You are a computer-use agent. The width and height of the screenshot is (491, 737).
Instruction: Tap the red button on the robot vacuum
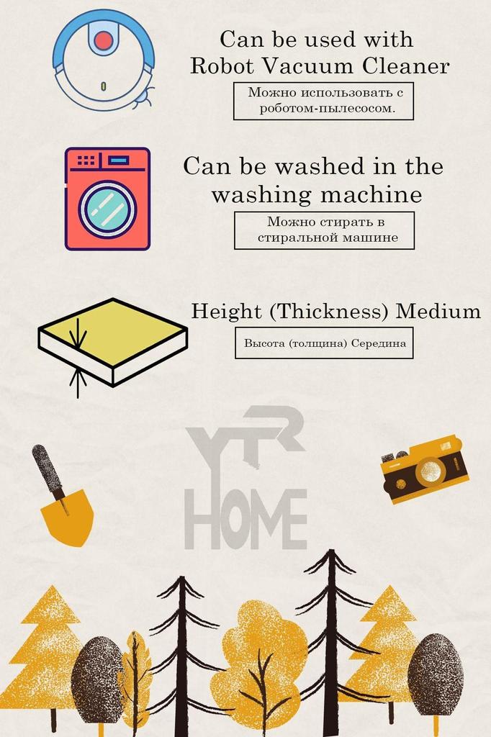pyautogui.click(x=104, y=40)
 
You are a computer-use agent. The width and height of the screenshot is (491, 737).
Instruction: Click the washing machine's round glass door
pyautogui.click(x=107, y=209)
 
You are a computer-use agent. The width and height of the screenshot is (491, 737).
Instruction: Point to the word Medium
pyautogui.click(x=439, y=312)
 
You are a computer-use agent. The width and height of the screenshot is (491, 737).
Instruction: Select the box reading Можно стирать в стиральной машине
pyautogui.click(x=325, y=230)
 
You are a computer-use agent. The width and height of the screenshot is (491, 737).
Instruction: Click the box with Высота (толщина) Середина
pyautogui.click(x=324, y=343)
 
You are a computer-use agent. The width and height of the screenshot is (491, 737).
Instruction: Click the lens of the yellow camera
pyautogui.click(x=431, y=471)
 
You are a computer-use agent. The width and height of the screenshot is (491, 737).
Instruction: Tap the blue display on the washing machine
pyautogui.click(x=120, y=160)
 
